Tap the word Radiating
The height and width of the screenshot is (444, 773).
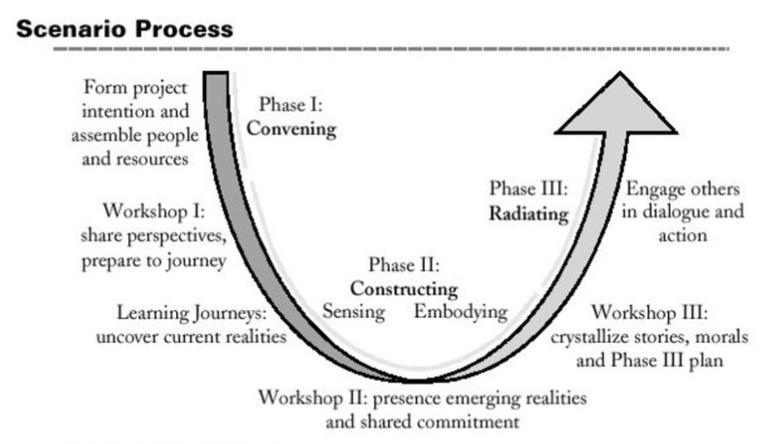click(529, 215)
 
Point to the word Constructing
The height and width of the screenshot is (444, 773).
click(404, 289)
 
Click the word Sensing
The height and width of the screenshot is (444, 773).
click(355, 312)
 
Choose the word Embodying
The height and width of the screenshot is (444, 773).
click(461, 312)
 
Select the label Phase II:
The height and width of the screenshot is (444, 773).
click(404, 264)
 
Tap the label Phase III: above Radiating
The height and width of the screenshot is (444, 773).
click(531, 189)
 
